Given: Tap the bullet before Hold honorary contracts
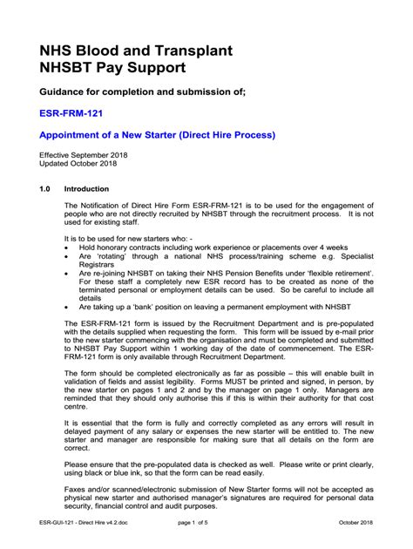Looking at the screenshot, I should pos(68,247).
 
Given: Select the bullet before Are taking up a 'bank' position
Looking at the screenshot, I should pos(68,308).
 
